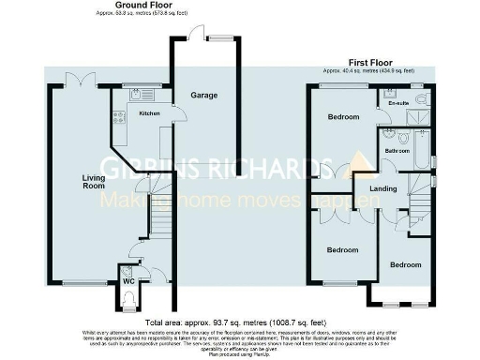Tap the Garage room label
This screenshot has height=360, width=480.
[204, 96]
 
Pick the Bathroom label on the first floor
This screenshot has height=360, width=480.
[394, 149]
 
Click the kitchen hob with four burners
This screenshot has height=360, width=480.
[119, 116]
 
